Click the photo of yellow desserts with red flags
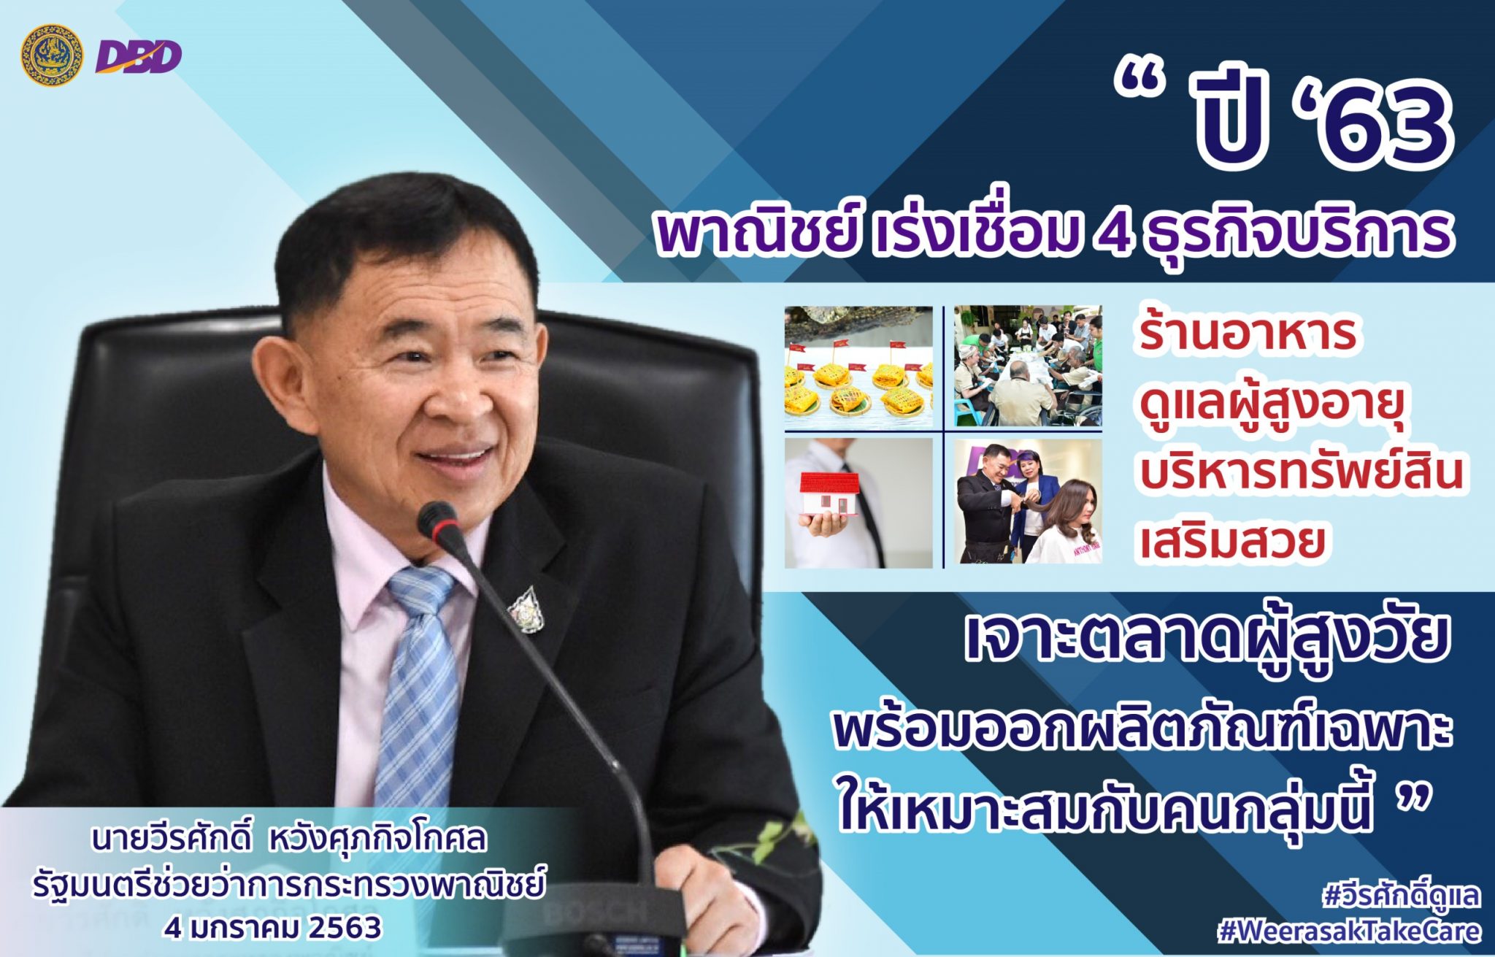tap(858, 366)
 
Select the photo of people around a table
tap(1028, 366)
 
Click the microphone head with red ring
tap(437, 524)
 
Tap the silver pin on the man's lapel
tap(526, 607)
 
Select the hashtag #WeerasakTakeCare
tap(1350, 931)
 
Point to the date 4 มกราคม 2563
tap(273, 928)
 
